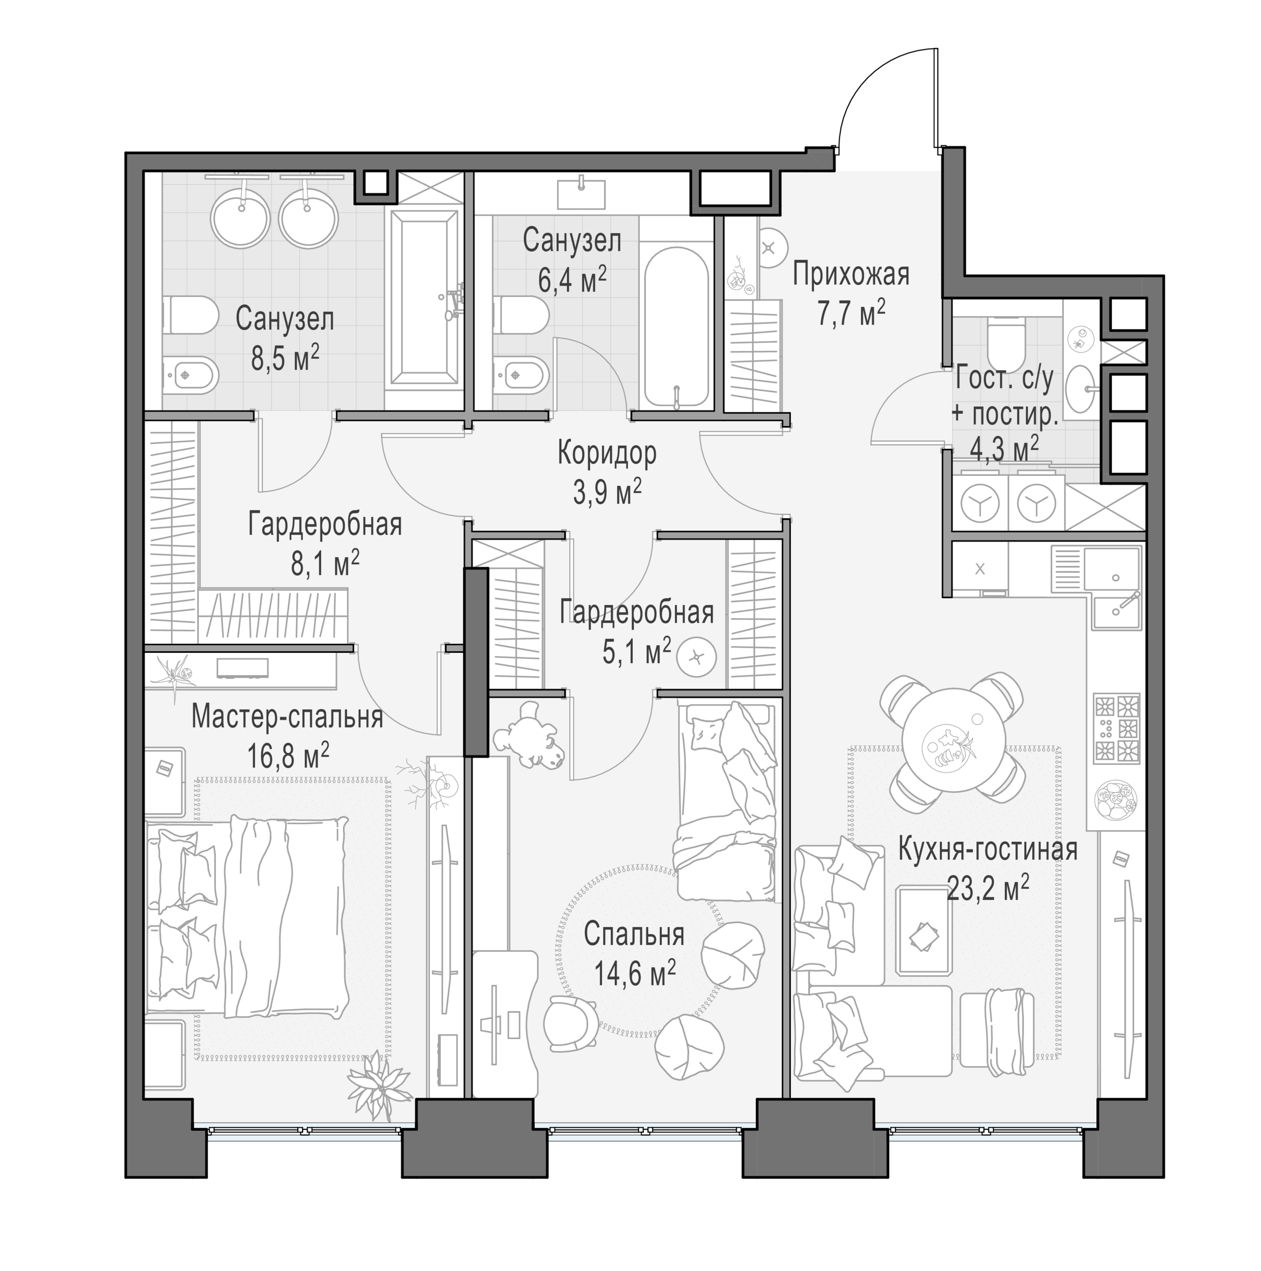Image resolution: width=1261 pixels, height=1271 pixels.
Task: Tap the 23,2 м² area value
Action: [988, 891]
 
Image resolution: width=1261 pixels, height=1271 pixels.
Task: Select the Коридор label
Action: [606, 453]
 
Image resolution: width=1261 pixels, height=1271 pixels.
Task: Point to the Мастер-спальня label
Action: [287, 716]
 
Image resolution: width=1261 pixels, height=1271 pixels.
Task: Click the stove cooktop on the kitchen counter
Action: [1116, 729]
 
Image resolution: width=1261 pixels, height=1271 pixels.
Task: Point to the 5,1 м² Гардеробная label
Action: [636, 630]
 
